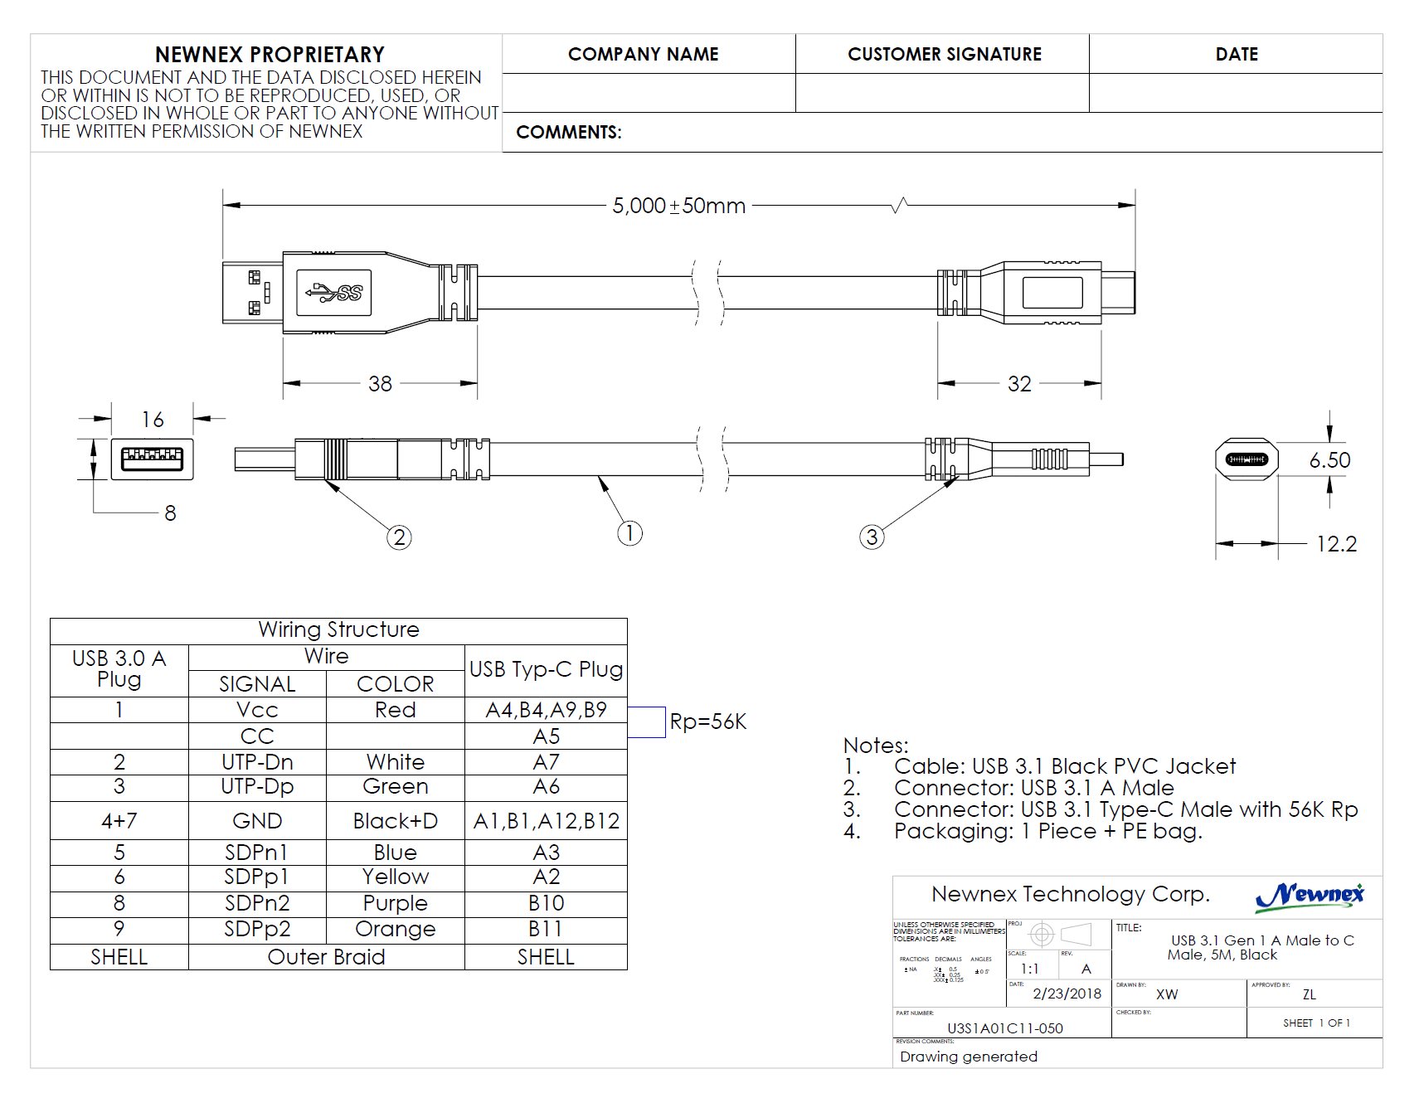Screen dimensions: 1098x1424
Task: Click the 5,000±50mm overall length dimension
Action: click(x=678, y=206)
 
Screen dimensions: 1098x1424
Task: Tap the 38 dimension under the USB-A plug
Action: click(x=380, y=384)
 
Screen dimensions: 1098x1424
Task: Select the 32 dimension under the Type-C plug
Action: click(x=1019, y=384)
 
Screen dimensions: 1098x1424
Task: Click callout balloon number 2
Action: click(x=399, y=537)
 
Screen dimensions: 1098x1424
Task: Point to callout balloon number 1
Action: click(x=629, y=533)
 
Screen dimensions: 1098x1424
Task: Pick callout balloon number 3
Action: click(x=872, y=537)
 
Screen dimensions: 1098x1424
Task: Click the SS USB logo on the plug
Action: click(x=333, y=293)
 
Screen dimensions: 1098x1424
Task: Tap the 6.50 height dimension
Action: click(x=1329, y=460)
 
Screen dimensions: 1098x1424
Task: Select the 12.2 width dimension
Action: click(x=1336, y=544)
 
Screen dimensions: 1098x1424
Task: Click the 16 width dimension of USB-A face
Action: click(x=153, y=420)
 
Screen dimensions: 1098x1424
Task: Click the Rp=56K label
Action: click(x=707, y=721)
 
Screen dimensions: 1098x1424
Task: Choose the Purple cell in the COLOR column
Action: click(x=395, y=903)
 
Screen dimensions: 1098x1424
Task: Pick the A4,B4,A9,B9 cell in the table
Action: click(x=546, y=710)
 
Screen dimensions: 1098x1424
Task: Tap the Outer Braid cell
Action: click(x=326, y=957)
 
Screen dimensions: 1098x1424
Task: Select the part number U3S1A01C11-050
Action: click(x=1004, y=1028)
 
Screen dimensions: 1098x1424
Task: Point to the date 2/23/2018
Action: click(x=1067, y=994)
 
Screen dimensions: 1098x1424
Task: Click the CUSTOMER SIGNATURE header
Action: click(x=944, y=54)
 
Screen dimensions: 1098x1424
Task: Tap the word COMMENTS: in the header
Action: click(x=568, y=133)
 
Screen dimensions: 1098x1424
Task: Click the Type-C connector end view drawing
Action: click(x=1247, y=459)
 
